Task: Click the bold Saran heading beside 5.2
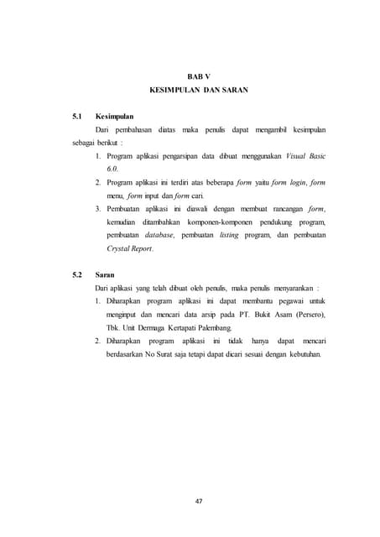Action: pyautogui.click(x=106, y=275)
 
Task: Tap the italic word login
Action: pyautogui.click(x=295, y=181)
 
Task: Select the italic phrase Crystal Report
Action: pyautogui.click(x=130, y=250)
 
